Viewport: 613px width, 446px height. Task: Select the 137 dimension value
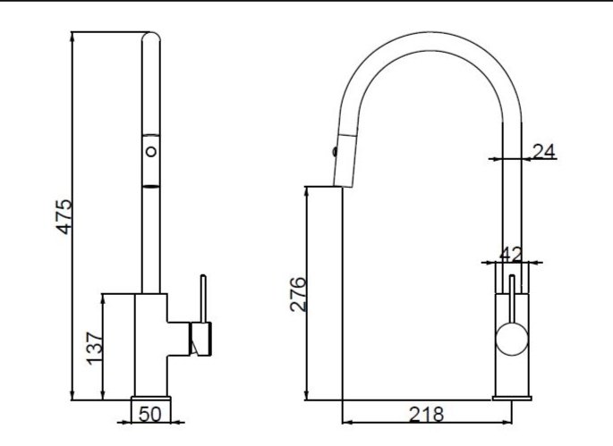(x=95, y=349)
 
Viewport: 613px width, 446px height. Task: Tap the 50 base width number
(x=149, y=414)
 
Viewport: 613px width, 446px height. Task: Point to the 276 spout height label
(x=298, y=294)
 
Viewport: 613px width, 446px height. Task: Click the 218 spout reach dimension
(x=426, y=415)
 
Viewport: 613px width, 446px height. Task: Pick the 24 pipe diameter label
(x=544, y=152)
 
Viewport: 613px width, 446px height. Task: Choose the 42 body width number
(x=511, y=255)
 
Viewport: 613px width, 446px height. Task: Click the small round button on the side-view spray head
(x=151, y=151)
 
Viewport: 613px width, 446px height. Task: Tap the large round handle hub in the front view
(x=512, y=339)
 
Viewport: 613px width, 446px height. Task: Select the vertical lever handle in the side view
(x=203, y=299)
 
